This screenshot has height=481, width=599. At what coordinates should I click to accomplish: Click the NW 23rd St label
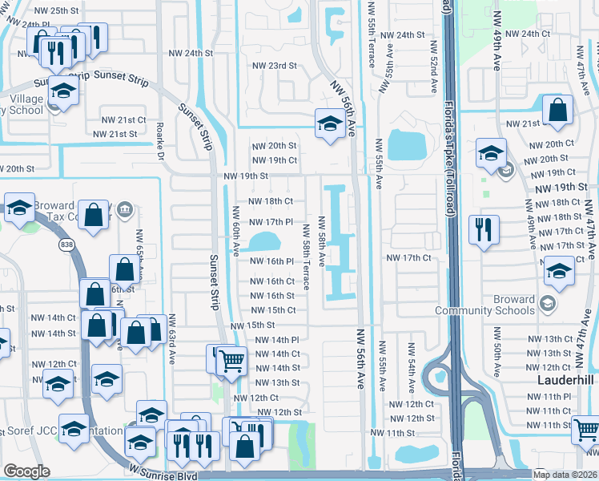click(x=275, y=66)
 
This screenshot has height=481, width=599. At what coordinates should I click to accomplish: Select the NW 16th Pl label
click(x=271, y=261)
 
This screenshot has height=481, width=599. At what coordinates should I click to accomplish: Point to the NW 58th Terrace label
click(x=306, y=255)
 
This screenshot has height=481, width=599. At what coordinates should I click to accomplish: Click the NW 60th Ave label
click(x=236, y=230)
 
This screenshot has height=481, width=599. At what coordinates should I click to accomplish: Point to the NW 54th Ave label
click(x=411, y=362)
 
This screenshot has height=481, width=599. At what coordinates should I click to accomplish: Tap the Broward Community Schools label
click(x=484, y=305)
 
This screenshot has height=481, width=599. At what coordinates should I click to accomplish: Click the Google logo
click(x=26, y=471)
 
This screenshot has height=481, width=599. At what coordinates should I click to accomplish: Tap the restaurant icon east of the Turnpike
click(x=484, y=228)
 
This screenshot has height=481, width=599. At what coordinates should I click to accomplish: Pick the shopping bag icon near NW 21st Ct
click(x=557, y=110)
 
